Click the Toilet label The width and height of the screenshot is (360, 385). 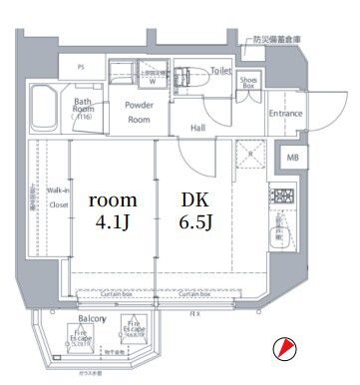220,72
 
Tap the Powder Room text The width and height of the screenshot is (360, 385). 139,112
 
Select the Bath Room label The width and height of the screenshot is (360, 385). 84,107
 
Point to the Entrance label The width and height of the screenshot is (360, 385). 284,113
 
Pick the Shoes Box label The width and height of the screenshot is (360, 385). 249,82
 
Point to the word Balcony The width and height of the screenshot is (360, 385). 93,319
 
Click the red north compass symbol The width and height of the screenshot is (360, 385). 284,348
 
